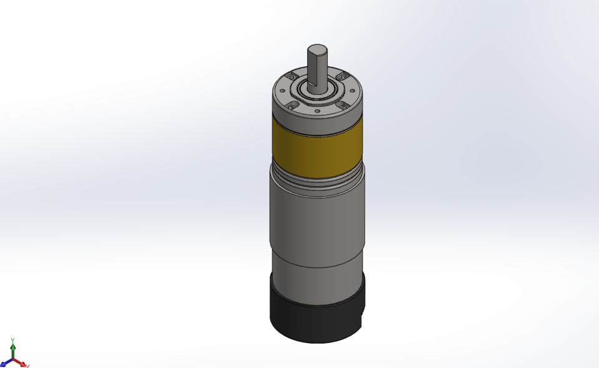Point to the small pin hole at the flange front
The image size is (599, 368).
pos(318,111)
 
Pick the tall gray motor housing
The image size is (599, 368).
pos(317,225)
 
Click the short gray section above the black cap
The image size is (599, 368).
pos(317,284)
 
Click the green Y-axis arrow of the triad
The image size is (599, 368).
pos(13,347)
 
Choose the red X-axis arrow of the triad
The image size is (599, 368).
pos(24,364)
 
